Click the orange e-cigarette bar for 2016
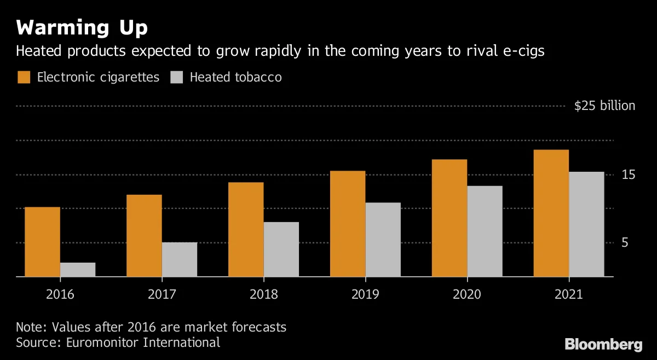click(43, 242)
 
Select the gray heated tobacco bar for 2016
click(78, 270)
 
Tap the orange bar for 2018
click(246, 230)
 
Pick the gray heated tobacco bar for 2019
click(383, 240)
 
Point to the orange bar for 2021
click(551, 213)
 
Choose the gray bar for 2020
click(485, 231)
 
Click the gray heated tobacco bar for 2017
click(180, 259)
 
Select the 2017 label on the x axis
click(162, 294)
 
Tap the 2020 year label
click(467, 294)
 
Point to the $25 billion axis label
click(604, 106)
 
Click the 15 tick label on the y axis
click(629, 175)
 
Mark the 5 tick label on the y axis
click(625, 243)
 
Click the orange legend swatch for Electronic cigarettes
click(24, 77)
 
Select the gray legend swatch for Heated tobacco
click(176, 77)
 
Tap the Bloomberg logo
click(603, 345)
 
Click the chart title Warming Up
click(82, 28)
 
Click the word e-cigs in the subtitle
click(524, 51)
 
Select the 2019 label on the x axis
click(366, 294)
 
